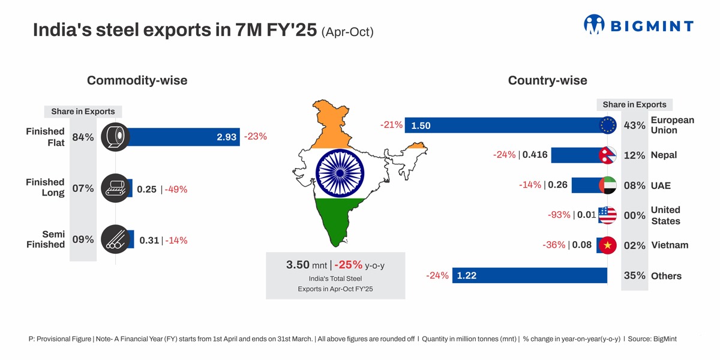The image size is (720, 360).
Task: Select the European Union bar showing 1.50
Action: pyautogui.click(x=504, y=125)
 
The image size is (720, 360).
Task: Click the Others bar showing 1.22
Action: pyautogui.click(x=528, y=275)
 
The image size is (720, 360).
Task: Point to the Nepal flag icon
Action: pyautogui.click(x=607, y=155)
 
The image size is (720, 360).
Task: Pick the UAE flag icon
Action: pyautogui.click(x=607, y=185)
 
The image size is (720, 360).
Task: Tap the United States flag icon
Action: pyautogui.click(x=607, y=215)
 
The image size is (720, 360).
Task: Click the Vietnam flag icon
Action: pyautogui.click(x=607, y=245)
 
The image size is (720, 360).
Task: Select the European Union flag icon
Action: pyautogui.click(x=607, y=125)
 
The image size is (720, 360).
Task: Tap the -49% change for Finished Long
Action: pyautogui.click(x=176, y=190)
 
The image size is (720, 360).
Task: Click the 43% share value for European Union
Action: pyautogui.click(x=635, y=125)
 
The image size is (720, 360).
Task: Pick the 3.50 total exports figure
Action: pyautogui.click(x=298, y=265)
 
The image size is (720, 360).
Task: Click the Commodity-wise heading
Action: pyautogui.click(x=137, y=80)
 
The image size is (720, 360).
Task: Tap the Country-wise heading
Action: pyautogui.click(x=547, y=80)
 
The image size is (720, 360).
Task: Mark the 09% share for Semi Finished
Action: pyautogui.click(x=83, y=239)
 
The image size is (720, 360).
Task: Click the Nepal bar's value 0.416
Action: pyautogui.click(x=535, y=155)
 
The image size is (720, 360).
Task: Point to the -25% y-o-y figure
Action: pyautogui.click(x=349, y=265)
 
